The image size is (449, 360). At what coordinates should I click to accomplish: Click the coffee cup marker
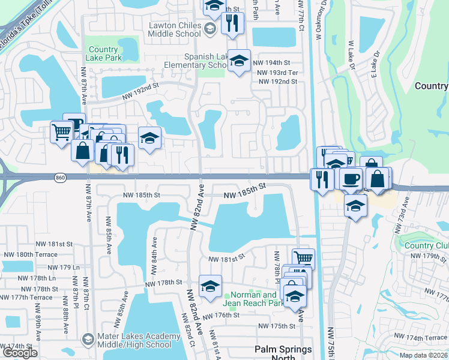[x=351, y=178]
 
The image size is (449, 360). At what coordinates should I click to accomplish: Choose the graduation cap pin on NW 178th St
[x=210, y=286]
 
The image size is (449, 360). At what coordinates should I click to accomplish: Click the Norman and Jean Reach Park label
[x=253, y=299]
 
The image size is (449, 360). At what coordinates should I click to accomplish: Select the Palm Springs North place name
[x=283, y=353]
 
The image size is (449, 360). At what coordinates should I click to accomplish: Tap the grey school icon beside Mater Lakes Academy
[x=88, y=340]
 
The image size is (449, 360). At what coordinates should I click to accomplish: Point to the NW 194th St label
[x=271, y=62]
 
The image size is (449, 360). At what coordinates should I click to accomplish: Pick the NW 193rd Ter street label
[x=277, y=72]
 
